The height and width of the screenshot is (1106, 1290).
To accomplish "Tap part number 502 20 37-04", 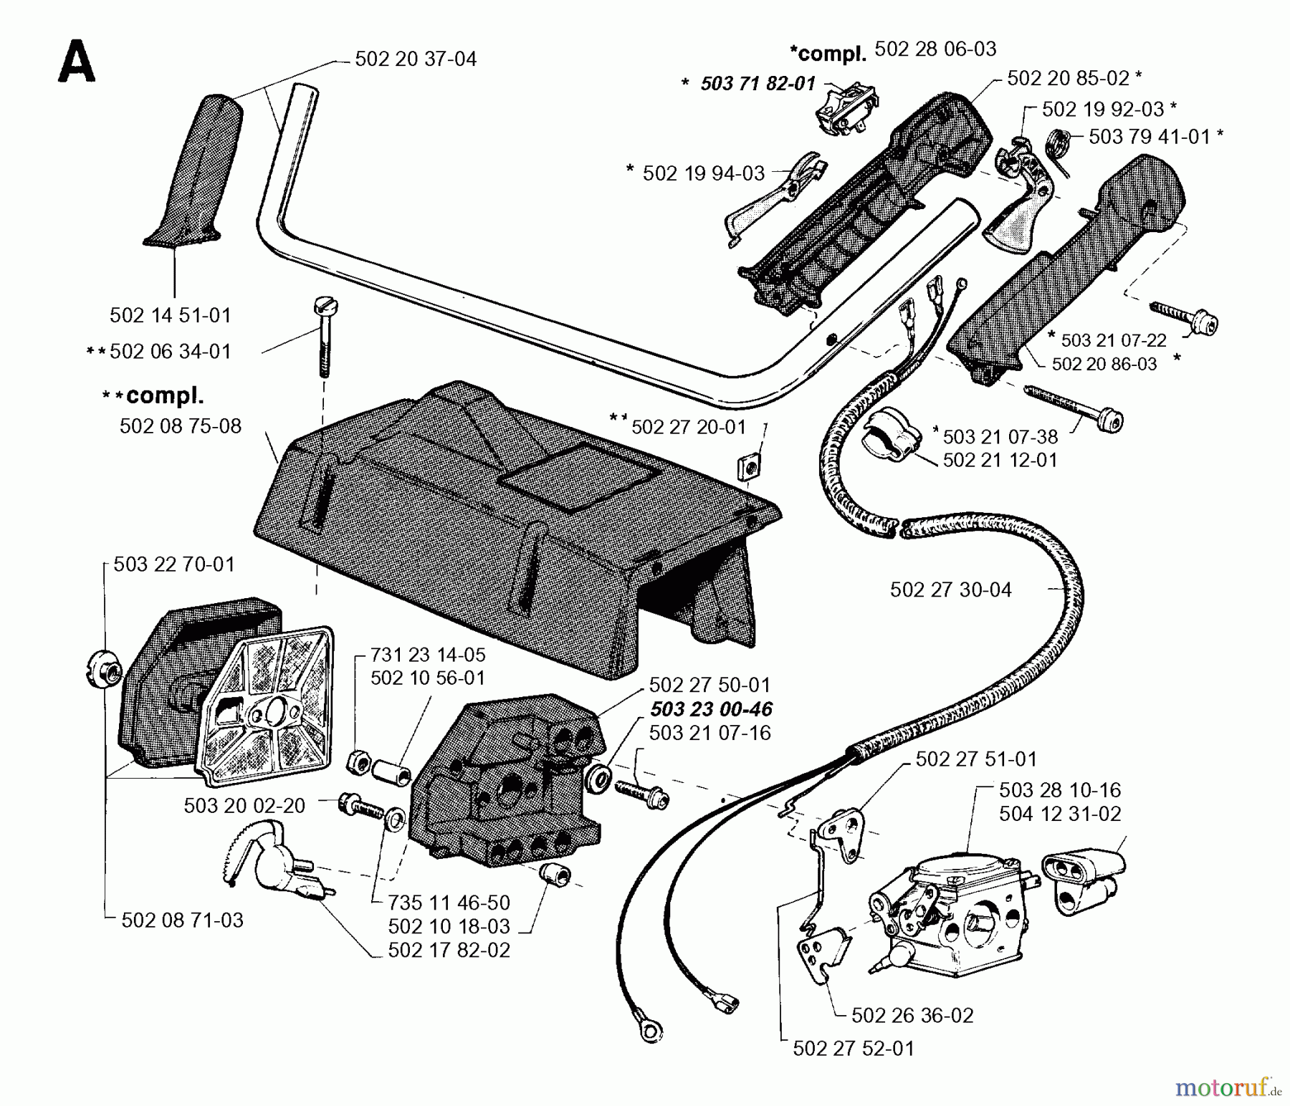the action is tap(416, 59).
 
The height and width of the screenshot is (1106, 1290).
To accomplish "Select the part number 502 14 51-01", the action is tap(171, 315).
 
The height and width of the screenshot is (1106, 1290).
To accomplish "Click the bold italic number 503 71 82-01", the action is tap(758, 84).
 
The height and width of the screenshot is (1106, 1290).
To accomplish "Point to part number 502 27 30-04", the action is tap(951, 590).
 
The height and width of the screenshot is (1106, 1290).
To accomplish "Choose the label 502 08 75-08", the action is tap(181, 425).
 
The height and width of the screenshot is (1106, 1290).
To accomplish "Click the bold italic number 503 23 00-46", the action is tap(711, 709).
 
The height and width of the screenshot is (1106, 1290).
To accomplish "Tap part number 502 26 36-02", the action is tap(912, 1015).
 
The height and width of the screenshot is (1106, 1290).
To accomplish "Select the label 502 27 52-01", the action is tap(854, 1049).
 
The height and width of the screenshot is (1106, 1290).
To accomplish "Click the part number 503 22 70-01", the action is tap(174, 564).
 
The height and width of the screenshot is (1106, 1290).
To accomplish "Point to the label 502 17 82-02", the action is tap(449, 950).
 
